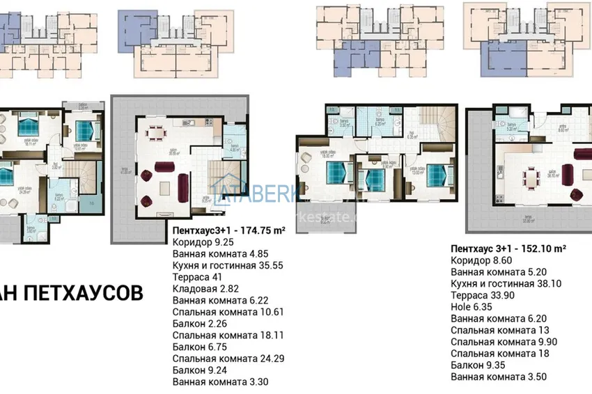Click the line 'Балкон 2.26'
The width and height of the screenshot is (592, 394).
point(197,323)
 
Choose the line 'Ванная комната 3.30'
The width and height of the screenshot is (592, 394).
point(220,381)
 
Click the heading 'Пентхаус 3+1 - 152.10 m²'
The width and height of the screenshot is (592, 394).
point(508,247)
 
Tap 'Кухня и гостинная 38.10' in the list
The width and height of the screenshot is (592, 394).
point(506,283)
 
